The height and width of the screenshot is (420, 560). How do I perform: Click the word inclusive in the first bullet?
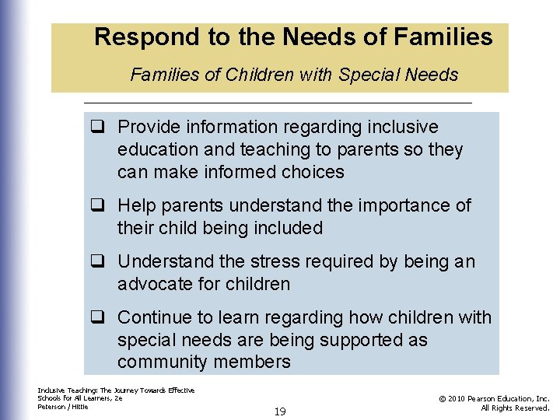[403, 128]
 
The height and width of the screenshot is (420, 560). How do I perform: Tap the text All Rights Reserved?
[515, 408]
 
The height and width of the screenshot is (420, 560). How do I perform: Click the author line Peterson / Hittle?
[63, 407]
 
